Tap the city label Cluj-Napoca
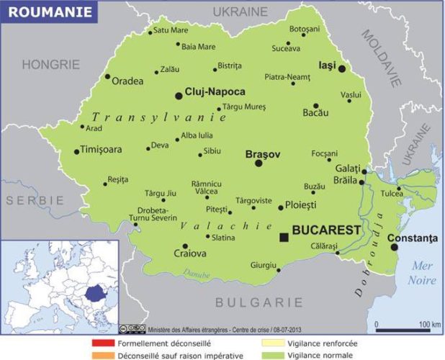point(215,92)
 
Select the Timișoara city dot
point(76,151)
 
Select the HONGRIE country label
point(50,64)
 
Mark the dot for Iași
point(342,69)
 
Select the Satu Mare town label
point(171,30)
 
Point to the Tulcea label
point(392,194)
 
